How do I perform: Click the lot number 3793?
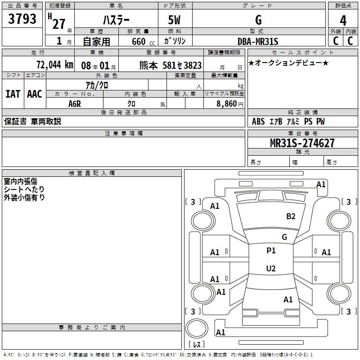pyautogui.click(x=22, y=19)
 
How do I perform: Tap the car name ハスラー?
pyautogui.click(x=116, y=20)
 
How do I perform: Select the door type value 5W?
pyautogui.click(x=175, y=20)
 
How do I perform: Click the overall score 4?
pyautogui.click(x=343, y=20)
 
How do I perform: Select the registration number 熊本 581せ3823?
pyautogui.click(x=171, y=65)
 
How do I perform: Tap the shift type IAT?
pyautogui.click(x=13, y=94)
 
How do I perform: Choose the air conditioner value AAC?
pyautogui.click(x=35, y=94)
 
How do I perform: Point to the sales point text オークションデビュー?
pyautogui.click(x=288, y=63)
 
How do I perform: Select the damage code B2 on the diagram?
pyautogui.click(x=291, y=216)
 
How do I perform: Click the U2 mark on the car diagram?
pyautogui.click(x=271, y=269)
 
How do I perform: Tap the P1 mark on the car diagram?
pyautogui.click(x=271, y=251)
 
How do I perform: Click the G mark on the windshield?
pyautogui.click(x=284, y=237)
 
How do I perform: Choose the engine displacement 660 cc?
pyautogui.click(x=139, y=41)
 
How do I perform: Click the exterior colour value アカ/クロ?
pyautogui.click(x=97, y=85)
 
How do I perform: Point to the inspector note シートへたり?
pyautogui.click(x=24, y=189)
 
